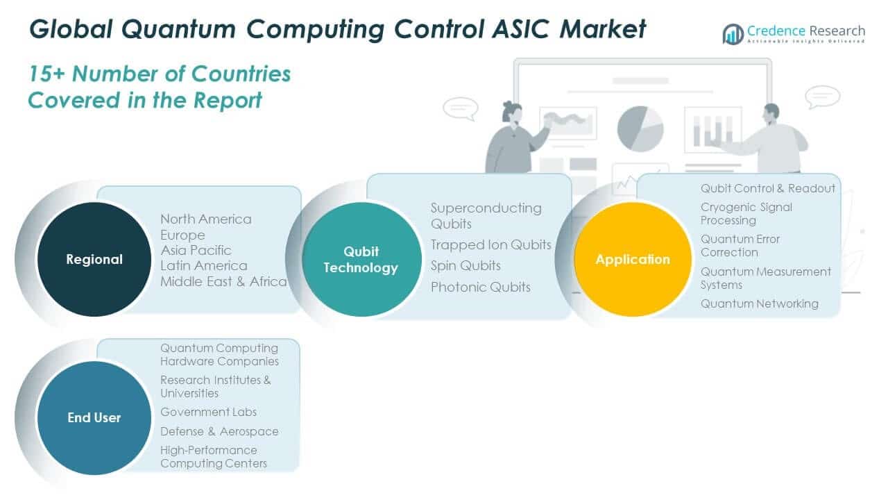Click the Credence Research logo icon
coord(733,34)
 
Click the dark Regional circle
coord(94,259)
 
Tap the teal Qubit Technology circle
coord(361,260)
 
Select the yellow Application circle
coord(633,259)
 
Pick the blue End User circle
coord(94,417)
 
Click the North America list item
coord(205,219)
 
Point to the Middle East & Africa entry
coord(223,281)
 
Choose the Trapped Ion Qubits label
coord(490,244)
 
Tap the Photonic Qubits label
coord(480,287)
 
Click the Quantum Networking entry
coord(759,303)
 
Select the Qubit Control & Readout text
coord(767,188)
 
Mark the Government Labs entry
coord(208,412)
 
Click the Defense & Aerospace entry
coord(219,431)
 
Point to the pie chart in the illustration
coord(640,128)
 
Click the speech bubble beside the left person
coord(460,108)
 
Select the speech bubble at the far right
coord(823,97)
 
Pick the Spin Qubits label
coord(466,265)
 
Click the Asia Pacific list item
coord(196,250)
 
